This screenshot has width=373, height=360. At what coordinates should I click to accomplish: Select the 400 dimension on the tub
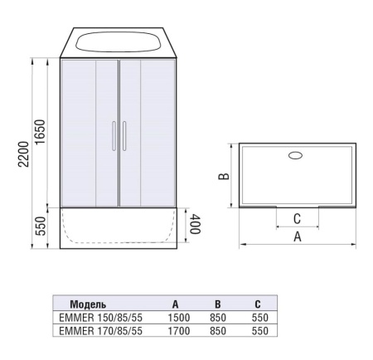click(x=195, y=226)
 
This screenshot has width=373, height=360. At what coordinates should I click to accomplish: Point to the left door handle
click(x=113, y=136)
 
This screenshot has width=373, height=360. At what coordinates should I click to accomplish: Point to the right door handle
click(x=124, y=136)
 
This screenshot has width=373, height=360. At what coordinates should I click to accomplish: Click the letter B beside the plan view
click(x=224, y=176)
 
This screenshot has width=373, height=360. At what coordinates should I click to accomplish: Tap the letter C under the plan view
click(x=297, y=219)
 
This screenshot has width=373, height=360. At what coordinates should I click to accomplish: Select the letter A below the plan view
click(x=297, y=236)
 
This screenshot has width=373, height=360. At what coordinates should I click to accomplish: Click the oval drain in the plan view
click(x=297, y=154)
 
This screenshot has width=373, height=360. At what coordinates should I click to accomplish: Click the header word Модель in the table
click(x=88, y=304)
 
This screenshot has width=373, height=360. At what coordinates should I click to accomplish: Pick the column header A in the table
click(x=176, y=304)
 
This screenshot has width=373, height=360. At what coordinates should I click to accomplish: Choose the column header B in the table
click(x=217, y=304)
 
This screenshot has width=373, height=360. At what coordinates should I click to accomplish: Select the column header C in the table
click(x=259, y=304)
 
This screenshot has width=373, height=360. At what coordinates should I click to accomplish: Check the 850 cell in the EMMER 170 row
click(x=218, y=330)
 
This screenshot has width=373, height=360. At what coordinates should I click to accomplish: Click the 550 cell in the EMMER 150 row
click(x=259, y=317)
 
